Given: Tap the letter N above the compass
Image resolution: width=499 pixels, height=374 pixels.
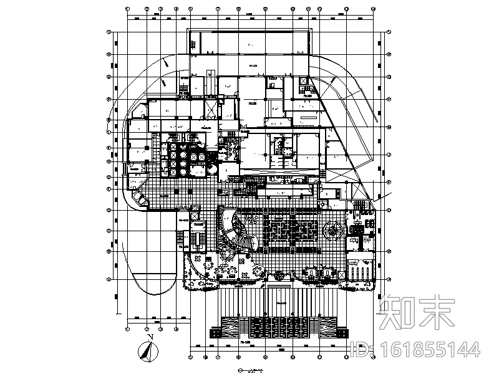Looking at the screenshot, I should (x=150, y=337).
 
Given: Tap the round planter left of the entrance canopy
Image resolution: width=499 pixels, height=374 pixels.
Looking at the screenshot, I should (x=258, y=271).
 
